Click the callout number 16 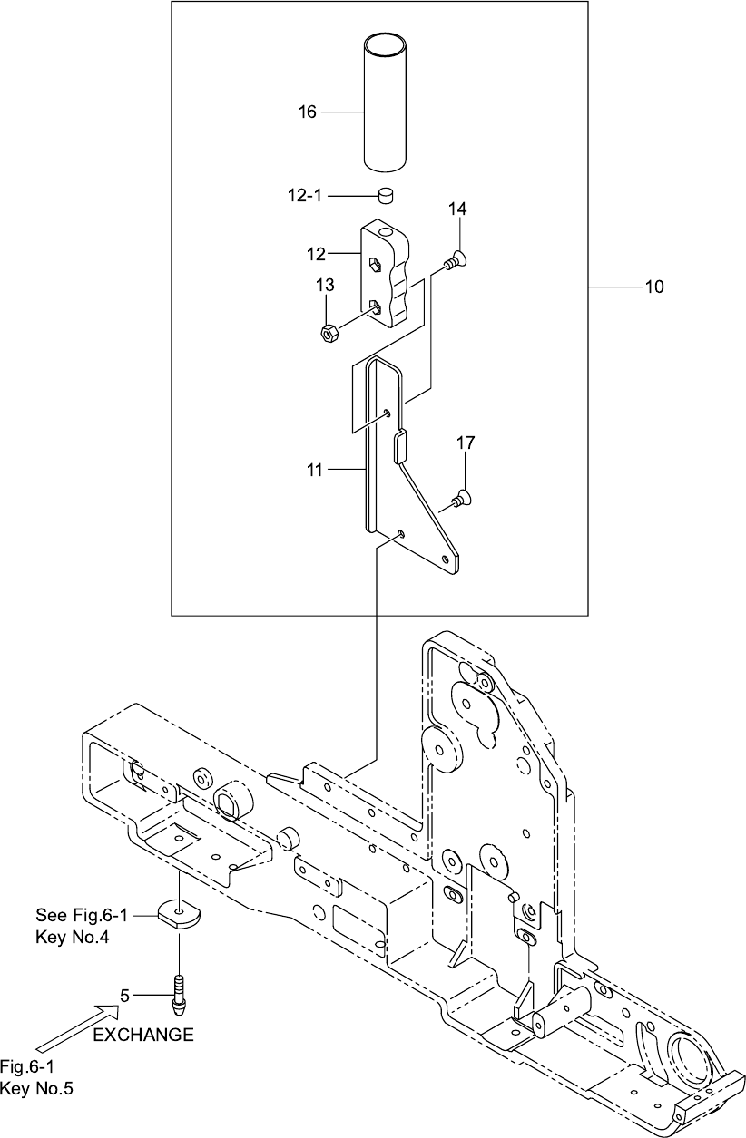[x=307, y=112]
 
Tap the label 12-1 [x=305, y=195]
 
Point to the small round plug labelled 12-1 [x=388, y=195]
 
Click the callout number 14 [x=457, y=209]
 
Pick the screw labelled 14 [x=456, y=260]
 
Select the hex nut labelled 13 [x=330, y=334]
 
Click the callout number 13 [x=325, y=285]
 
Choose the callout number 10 [x=654, y=287]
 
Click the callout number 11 [x=315, y=470]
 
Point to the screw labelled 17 [x=460, y=499]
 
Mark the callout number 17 [x=466, y=443]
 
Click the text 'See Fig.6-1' [x=82, y=915]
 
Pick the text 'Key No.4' [x=73, y=937]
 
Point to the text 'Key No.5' [x=36, y=1088]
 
